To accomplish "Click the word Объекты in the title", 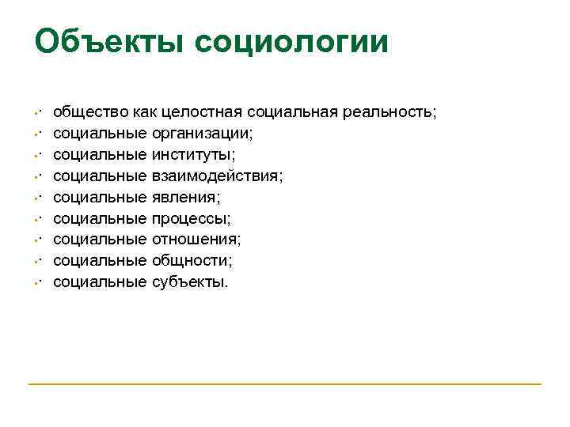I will click(x=109, y=42).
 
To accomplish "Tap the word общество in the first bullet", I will click(x=90, y=111).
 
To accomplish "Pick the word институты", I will click(x=193, y=154).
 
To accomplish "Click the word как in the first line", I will click(x=145, y=111).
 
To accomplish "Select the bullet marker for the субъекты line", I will click(x=37, y=282).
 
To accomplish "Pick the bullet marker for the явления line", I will click(x=37, y=197).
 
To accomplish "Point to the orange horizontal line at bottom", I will click(x=285, y=384).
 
